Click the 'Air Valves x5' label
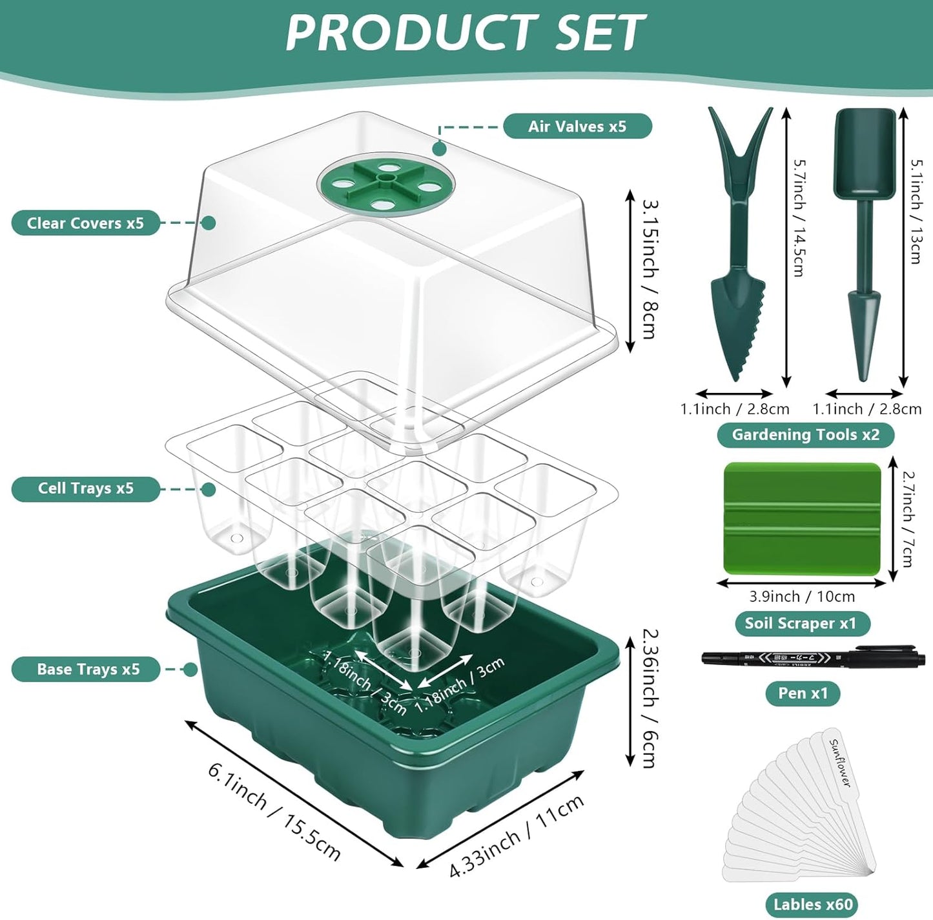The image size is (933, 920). tap(577, 126)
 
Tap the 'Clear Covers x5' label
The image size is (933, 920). tap(85, 223)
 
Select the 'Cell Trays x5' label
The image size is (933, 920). tap(85, 488)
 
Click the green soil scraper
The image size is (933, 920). tap(802, 518)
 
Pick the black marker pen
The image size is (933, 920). tap(813, 657)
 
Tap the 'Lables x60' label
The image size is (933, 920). tap(813, 905)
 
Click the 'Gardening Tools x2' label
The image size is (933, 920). tap(805, 435)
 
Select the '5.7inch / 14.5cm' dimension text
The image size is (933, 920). tap(799, 218)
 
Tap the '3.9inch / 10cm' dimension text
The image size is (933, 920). tap(801, 597)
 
